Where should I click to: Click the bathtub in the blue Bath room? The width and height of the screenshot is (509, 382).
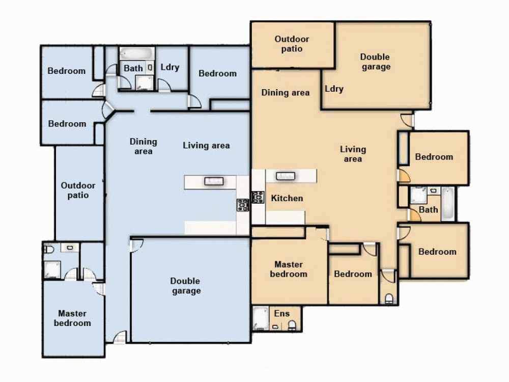coord(136,53)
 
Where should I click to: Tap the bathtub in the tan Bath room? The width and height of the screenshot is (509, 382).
coord(447,204)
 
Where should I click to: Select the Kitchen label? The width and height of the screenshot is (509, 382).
coord(287,198)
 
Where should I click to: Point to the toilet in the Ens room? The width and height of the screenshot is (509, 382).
coord(292,324)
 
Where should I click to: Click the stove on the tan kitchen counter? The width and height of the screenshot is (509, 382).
coord(258,197)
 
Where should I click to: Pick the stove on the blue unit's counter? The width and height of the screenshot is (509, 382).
coord(242,205)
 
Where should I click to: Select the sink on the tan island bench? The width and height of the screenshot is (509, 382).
coord(283,176)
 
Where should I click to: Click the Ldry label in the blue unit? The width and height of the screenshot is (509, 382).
coord(170,67)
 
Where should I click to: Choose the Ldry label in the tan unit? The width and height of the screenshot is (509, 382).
coord(334,89)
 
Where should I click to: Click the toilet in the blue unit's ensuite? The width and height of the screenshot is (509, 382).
coord(49,250)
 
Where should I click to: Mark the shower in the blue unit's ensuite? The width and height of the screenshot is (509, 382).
coord(52,269)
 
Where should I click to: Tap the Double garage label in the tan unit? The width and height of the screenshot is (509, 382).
coord(376,62)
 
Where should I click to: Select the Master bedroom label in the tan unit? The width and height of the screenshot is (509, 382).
coord(289,269)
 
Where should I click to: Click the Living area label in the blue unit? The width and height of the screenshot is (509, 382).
coord(206,146)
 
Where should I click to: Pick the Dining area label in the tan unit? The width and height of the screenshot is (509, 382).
coord(286,93)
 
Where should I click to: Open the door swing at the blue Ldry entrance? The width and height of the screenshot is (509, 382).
coord(164,86)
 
